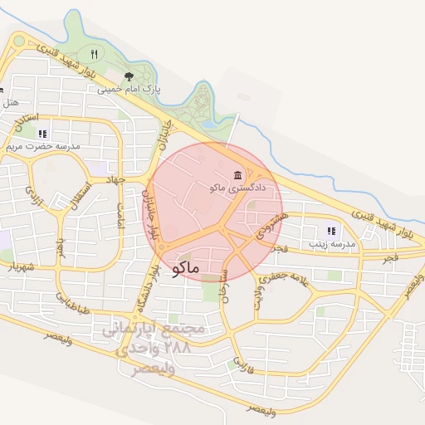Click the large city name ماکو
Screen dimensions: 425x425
coord(187,269)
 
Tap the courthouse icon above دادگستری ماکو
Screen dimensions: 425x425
coord(239,175)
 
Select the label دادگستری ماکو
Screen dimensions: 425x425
coord(239,188)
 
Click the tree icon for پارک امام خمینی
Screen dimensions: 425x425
coord(129,76)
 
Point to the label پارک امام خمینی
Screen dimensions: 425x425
coord(129,88)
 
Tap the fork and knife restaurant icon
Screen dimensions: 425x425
coord(94,54)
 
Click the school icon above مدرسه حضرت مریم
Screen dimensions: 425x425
coord(42,133)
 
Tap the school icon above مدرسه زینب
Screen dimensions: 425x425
coord(331,231)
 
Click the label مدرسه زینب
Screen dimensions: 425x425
coord(332,244)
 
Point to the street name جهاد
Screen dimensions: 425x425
coord(115,178)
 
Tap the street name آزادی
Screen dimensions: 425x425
coord(34,196)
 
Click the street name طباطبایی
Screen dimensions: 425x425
coord(72,305)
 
